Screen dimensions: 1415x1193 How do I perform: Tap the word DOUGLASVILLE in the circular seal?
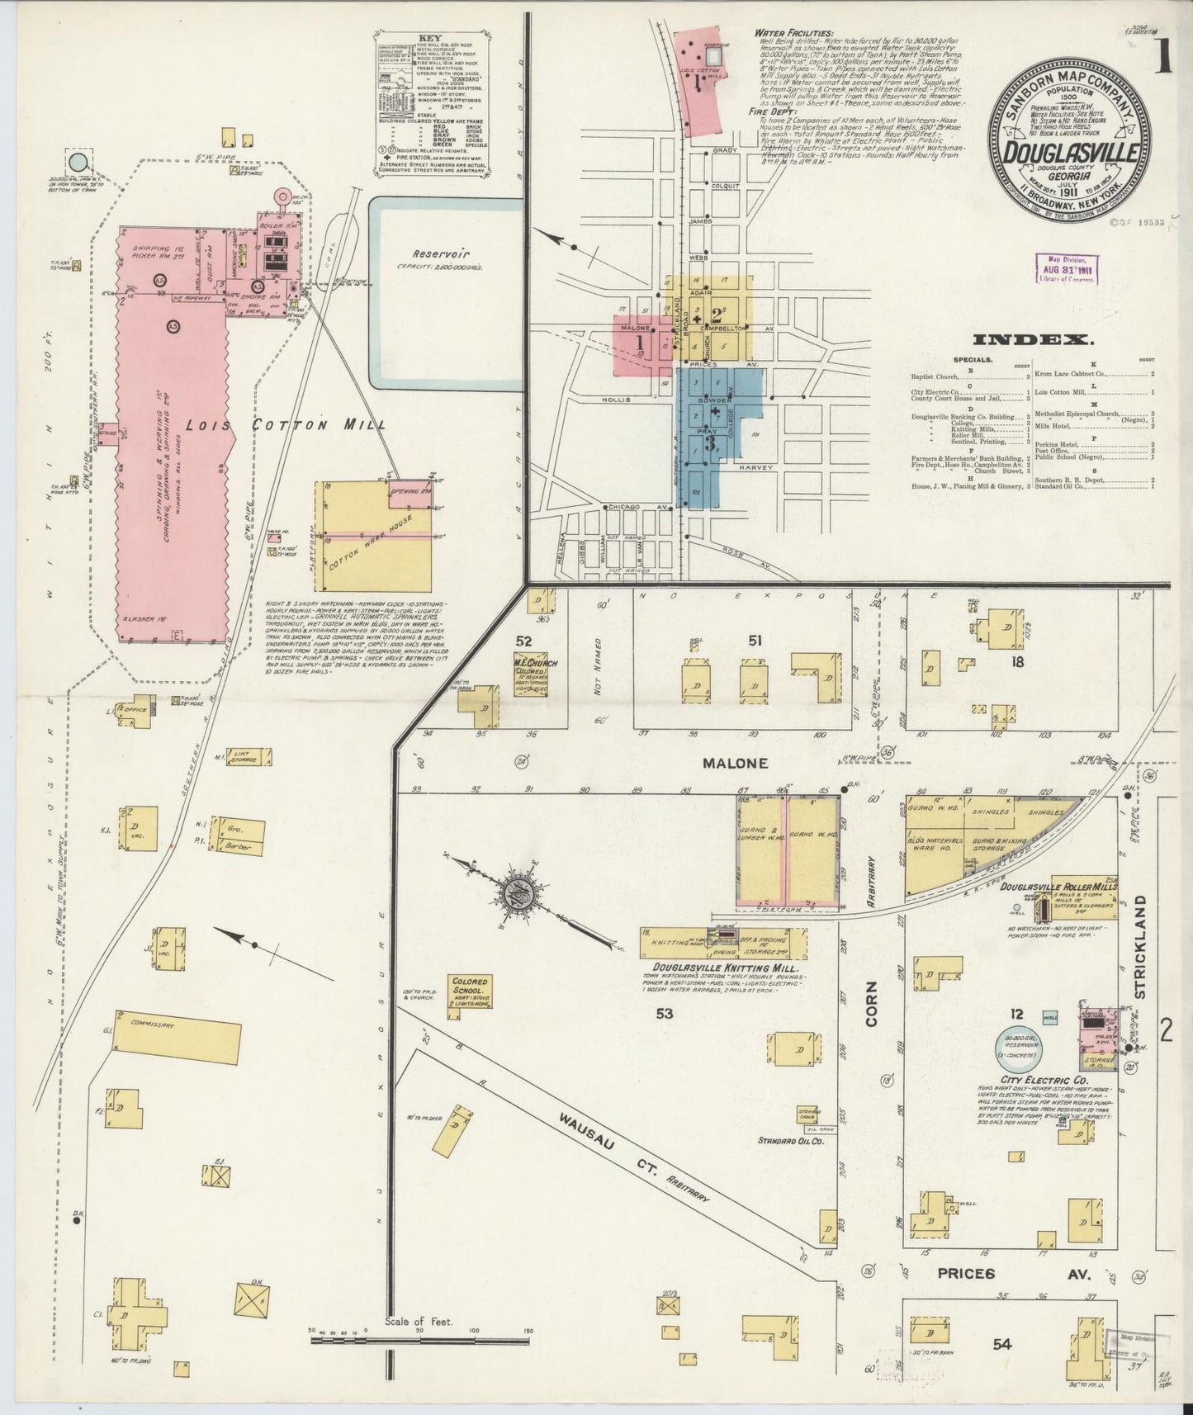tap(1072, 154)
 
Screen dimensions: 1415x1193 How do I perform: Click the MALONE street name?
tap(735, 764)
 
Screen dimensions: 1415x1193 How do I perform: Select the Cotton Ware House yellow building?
tap(373, 537)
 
